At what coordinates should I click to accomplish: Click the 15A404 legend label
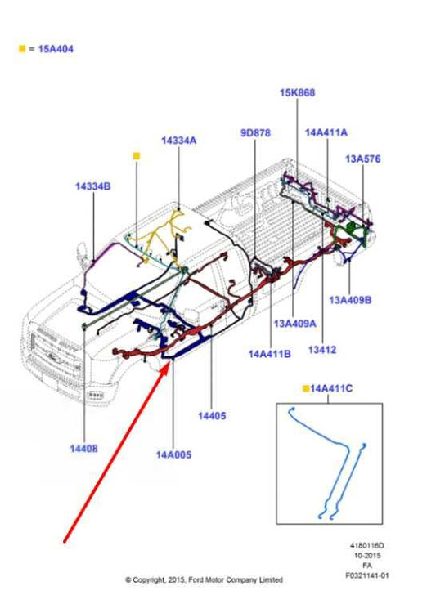tap(56, 49)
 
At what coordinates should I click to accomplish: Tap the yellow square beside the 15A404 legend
tap(22, 49)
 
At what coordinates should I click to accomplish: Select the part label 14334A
tap(179, 141)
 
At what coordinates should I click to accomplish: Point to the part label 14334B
tap(93, 186)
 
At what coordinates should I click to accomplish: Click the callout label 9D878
tap(255, 133)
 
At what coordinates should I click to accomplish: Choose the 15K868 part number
tap(298, 93)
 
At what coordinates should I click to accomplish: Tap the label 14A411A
tap(326, 132)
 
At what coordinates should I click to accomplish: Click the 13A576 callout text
tap(363, 159)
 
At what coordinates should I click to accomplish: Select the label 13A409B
tap(350, 300)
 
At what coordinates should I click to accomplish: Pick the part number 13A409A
tap(295, 324)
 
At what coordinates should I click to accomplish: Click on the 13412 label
tap(322, 350)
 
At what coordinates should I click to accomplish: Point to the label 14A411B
tap(270, 354)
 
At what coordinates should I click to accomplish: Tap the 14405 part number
tap(212, 416)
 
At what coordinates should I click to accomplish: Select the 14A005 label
tap(173, 455)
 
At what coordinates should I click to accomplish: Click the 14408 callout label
tap(83, 449)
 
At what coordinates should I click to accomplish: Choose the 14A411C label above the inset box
tap(331, 388)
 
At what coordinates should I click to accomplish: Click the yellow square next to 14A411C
tap(306, 388)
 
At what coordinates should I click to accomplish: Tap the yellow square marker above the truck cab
tap(137, 156)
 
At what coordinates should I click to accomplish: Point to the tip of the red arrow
tap(170, 362)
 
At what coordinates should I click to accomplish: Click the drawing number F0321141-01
tap(367, 575)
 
